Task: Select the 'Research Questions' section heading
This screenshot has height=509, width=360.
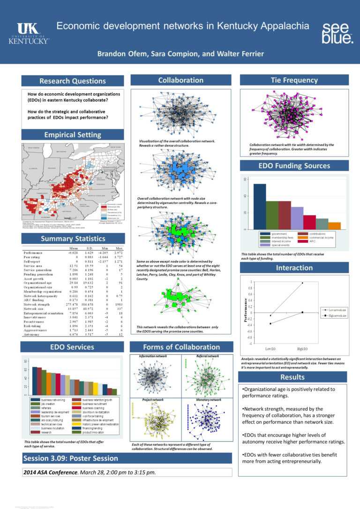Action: pos(73,81)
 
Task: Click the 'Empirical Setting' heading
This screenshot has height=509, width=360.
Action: pos(73,135)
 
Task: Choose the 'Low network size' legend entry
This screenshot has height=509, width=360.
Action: pos(337,310)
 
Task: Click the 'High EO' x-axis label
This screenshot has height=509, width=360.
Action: pos(302,349)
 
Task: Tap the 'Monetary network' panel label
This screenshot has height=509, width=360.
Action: pos(209,400)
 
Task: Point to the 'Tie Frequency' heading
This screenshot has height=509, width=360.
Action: pos(294,80)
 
